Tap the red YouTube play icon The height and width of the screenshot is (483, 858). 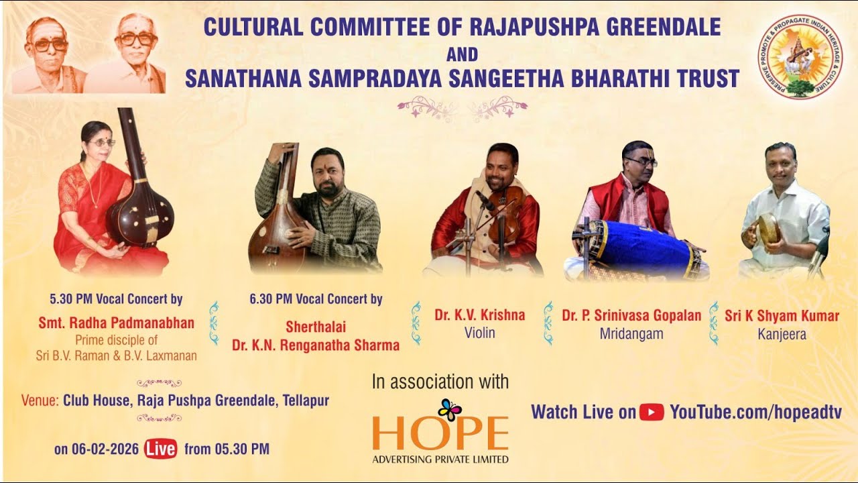coord(652,412)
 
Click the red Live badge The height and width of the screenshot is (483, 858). coord(161,449)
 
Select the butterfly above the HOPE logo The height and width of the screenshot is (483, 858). coord(450,409)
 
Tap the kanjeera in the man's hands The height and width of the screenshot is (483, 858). coord(768,228)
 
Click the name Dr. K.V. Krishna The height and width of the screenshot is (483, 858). coord(479,315)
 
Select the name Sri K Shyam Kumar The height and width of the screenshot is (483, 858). coord(782,315)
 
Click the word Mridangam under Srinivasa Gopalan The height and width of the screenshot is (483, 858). coord(631,333)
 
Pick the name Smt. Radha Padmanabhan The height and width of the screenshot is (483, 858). coord(116,323)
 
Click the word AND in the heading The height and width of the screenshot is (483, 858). coord(462,54)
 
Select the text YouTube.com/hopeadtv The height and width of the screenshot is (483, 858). coord(755,412)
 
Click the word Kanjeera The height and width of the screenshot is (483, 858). coord(782,333)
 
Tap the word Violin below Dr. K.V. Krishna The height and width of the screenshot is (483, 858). coord(479,332)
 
